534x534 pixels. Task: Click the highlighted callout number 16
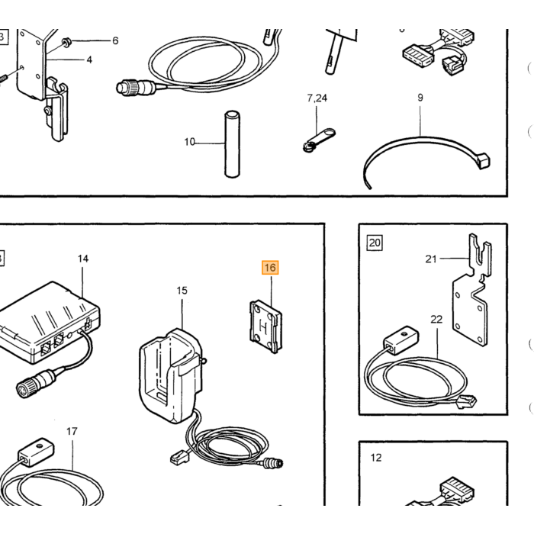point(270,268)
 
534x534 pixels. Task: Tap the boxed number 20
point(375,243)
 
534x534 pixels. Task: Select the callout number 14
point(82,259)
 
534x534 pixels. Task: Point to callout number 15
point(182,291)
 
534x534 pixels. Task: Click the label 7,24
point(317,98)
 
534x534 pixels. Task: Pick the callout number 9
point(420,98)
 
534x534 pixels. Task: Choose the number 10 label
point(189,142)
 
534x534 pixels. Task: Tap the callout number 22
point(436,320)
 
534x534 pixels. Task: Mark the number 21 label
point(431,259)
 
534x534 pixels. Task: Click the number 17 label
point(72,432)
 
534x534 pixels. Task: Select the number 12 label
point(376,458)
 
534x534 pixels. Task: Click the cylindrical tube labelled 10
point(232,143)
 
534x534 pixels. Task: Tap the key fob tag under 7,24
point(319,139)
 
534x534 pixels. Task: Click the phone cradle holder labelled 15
point(171,375)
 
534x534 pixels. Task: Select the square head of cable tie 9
point(484,160)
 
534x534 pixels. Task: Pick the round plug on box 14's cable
point(35,384)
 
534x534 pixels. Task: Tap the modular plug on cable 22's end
point(466,402)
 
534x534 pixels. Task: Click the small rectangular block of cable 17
point(36,452)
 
